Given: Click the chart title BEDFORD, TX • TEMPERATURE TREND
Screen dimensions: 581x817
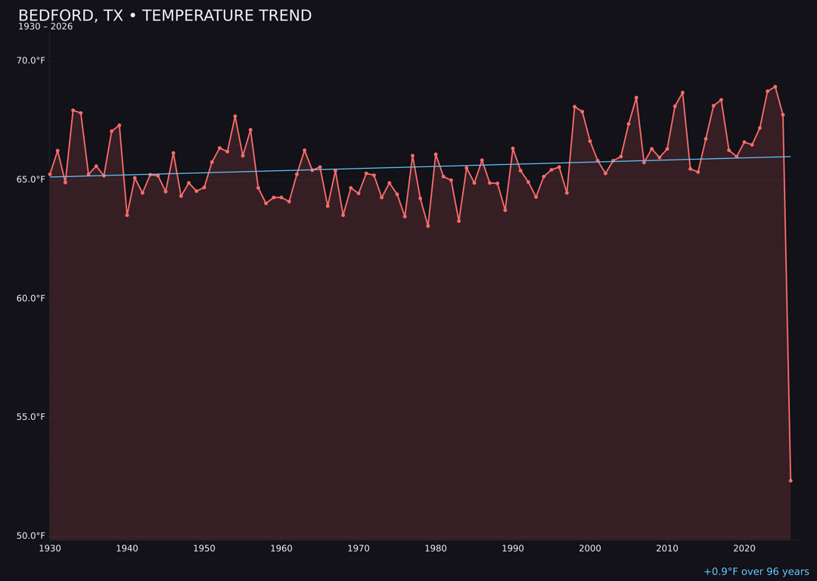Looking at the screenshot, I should click(165, 16).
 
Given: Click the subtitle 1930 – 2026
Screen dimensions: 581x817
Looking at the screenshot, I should click(45, 27).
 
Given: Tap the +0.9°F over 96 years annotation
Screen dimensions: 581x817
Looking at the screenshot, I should click(756, 572).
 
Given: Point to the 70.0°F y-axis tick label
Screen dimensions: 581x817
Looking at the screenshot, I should click(31, 61).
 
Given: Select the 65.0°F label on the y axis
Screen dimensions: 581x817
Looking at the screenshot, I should click(31, 179).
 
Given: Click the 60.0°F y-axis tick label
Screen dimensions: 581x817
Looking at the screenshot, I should click(31, 298).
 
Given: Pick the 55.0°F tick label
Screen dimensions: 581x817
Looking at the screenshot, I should click(31, 417).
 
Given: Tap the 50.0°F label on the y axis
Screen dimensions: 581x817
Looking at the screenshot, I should click(31, 536).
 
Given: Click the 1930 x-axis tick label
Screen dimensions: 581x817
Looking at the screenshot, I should click(50, 548).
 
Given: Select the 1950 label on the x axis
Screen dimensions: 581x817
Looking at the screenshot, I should click(204, 548).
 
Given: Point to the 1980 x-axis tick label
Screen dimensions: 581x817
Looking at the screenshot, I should click(436, 548).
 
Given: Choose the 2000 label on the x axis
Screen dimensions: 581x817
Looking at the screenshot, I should click(590, 548).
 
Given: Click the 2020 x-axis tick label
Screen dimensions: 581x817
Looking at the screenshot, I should click(744, 548).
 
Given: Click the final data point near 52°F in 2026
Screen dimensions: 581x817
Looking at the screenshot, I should click(791, 480).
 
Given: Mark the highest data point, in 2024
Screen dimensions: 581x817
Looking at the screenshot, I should click(775, 86).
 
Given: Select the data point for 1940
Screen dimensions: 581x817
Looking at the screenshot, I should click(127, 215).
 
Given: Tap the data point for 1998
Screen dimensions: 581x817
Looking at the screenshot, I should click(574, 107).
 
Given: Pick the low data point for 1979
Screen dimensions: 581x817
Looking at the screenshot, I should click(428, 226).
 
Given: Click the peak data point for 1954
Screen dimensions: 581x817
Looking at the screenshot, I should click(235, 117).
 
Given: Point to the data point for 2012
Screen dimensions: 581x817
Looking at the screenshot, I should click(682, 93).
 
